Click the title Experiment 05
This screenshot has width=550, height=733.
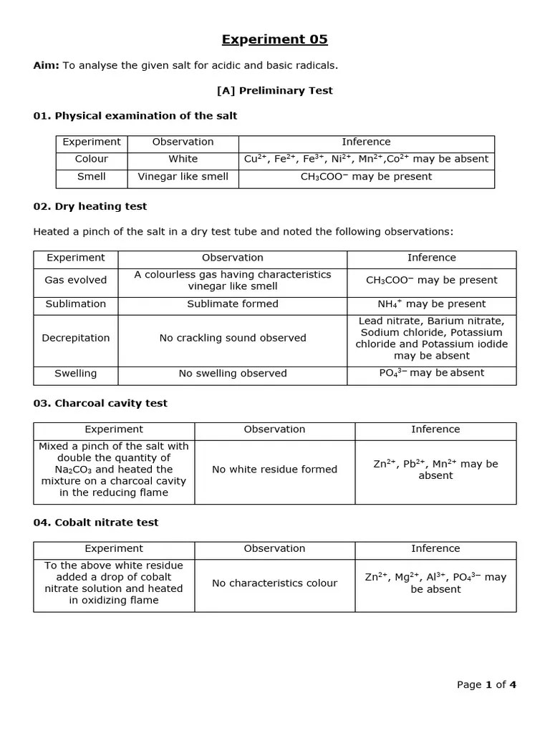[274, 39]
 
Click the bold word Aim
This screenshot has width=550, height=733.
[46, 66]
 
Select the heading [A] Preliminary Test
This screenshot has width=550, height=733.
[274, 91]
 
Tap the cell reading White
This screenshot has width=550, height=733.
[183, 159]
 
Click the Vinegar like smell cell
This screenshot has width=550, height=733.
[183, 176]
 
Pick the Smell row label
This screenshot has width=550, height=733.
[92, 176]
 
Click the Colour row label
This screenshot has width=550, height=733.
[92, 159]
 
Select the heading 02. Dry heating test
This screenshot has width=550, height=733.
[90, 206]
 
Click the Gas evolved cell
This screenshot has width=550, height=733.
[76, 280]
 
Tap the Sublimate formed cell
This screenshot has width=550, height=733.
[233, 304]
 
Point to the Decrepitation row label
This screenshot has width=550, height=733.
[76, 338]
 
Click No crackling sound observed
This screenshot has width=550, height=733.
[233, 338]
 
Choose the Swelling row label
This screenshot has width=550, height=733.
[76, 373]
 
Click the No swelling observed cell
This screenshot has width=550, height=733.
[233, 373]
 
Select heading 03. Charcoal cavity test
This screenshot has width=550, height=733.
[100, 403]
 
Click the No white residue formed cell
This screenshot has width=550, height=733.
[274, 470]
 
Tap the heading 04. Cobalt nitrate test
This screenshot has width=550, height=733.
[96, 523]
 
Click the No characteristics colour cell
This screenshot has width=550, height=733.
[274, 583]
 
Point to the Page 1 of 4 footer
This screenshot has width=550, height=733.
[486, 684]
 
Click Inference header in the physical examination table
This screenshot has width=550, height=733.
[366, 142]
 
